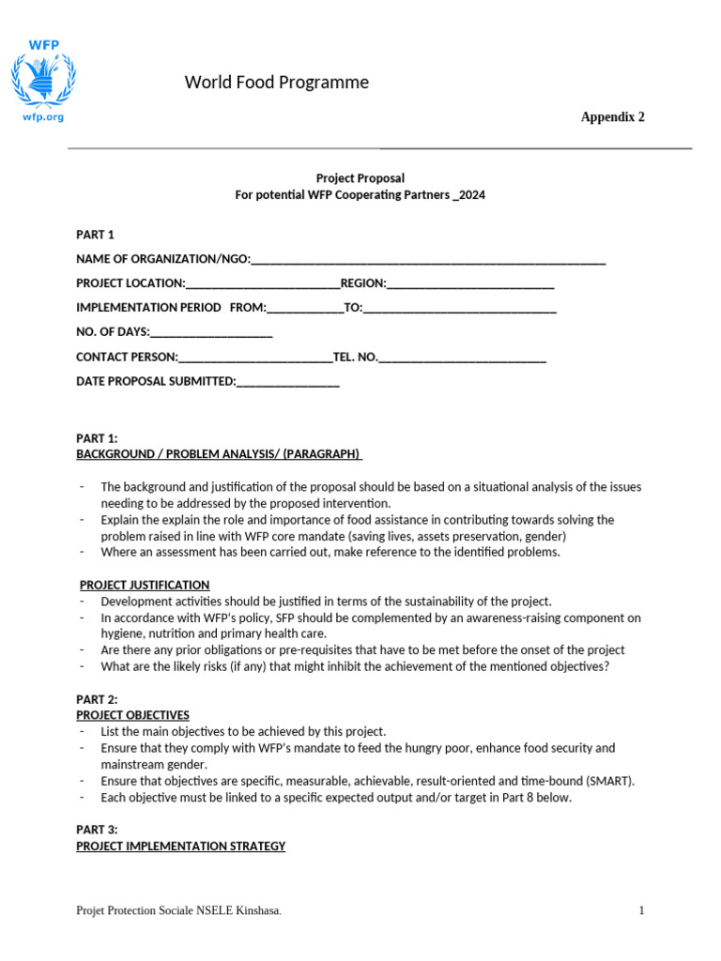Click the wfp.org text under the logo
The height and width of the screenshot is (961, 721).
[42, 117]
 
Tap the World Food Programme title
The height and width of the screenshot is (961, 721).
[276, 83]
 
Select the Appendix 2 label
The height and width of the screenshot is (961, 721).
[612, 117]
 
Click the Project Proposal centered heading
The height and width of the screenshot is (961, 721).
[360, 177]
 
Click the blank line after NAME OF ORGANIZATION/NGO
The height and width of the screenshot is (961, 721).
[428, 260]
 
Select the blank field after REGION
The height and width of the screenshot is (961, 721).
[470, 283]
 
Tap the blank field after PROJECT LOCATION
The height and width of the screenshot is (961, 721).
[263, 283]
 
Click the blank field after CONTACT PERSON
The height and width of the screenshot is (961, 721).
[254, 358]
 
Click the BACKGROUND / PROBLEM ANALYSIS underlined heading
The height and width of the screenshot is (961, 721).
[218, 454]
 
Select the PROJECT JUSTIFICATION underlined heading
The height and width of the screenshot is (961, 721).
[145, 585]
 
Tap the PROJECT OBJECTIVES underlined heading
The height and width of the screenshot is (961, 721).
[132, 715]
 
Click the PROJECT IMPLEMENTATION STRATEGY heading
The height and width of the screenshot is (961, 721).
[180, 847]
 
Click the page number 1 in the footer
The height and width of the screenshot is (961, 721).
[641, 910]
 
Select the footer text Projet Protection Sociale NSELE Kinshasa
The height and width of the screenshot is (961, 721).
[177, 911]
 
